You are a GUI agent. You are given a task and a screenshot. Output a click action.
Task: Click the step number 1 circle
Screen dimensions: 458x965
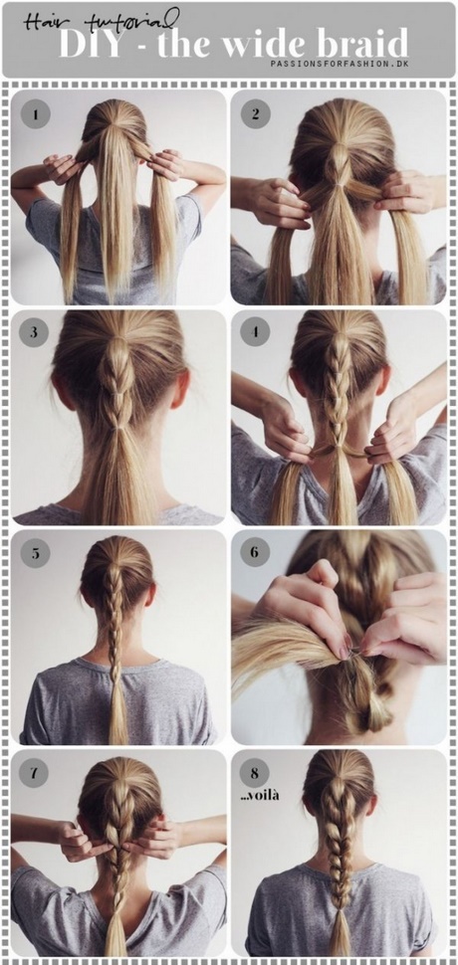(x=36, y=114)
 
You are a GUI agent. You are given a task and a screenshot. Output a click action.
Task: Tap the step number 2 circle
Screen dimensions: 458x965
(x=256, y=114)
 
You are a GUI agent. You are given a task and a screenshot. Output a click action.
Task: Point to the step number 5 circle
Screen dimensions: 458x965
(x=36, y=553)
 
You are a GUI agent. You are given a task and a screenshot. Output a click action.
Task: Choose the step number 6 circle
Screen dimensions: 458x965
(x=256, y=553)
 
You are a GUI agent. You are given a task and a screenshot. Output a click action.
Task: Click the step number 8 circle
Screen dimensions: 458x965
(x=256, y=772)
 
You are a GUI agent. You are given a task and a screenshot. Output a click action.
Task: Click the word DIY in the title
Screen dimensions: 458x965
(x=90, y=43)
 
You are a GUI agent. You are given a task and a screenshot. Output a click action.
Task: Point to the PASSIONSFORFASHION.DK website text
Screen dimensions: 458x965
(x=341, y=64)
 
